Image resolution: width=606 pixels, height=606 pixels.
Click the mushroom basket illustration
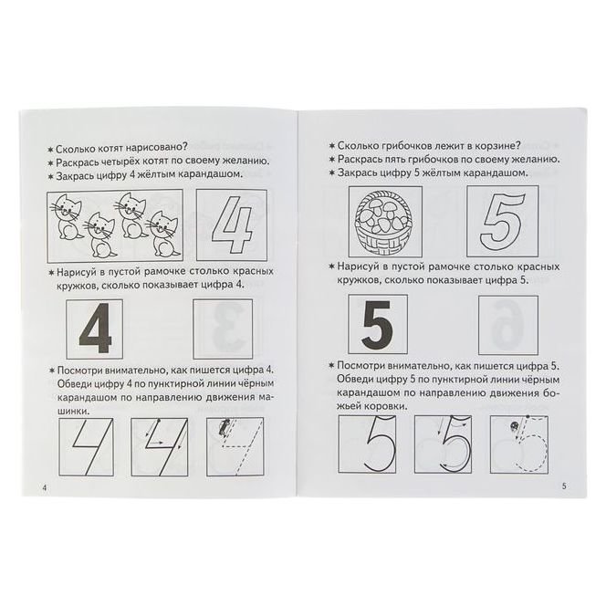pyautogui.click(x=385, y=222)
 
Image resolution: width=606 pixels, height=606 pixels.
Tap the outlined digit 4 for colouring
pyautogui.click(x=232, y=225)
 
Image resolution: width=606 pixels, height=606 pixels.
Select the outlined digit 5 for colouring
pyautogui.click(x=503, y=222)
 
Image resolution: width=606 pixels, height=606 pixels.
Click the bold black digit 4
pyautogui.click(x=95, y=329)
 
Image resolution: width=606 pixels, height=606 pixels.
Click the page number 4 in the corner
pyautogui.click(x=45, y=487)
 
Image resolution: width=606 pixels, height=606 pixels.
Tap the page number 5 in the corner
pyautogui.click(x=564, y=486)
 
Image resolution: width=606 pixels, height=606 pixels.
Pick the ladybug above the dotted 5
pyautogui.click(x=515, y=426)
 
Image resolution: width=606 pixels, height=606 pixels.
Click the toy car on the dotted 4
pyautogui.click(x=223, y=428)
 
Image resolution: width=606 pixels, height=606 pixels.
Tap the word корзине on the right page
pyautogui.click(x=501, y=145)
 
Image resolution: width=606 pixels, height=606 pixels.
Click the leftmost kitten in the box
pyautogui.click(x=66, y=216)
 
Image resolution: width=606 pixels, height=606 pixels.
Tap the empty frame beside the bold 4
pyautogui.click(x=223, y=329)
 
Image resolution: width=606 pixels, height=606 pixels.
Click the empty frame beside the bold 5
pyautogui.click(x=507, y=326)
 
